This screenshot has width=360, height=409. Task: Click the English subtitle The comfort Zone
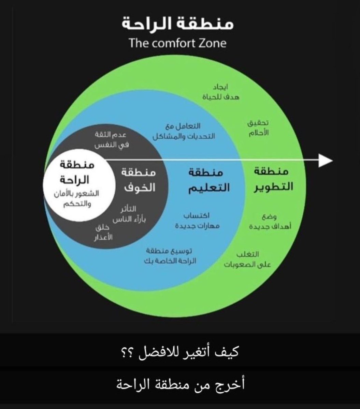coord(177,44)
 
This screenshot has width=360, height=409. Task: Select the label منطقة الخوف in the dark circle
coord(138,180)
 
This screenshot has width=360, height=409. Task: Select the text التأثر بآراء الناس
coord(129,214)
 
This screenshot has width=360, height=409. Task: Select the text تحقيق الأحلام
coord(257,128)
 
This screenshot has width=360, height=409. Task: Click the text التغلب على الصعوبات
coord(247,259)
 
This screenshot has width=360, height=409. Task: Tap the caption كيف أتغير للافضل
coord(180,352)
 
